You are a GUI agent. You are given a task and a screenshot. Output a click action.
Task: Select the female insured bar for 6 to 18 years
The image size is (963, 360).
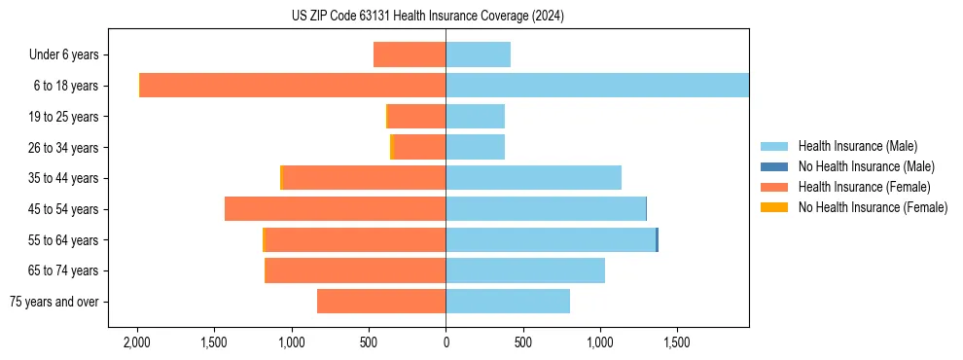pos(293,86)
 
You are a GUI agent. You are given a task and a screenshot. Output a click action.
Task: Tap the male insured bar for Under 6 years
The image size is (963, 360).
pos(478,54)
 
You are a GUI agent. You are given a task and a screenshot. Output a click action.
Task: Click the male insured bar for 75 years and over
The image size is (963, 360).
pos(508,302)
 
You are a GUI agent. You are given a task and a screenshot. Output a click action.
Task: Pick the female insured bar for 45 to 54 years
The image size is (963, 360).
pos(335,209)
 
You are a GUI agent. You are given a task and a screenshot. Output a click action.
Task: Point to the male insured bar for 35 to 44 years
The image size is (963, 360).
pos(533,178)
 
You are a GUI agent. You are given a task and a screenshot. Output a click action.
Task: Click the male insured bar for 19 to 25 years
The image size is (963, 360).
pos(475,117)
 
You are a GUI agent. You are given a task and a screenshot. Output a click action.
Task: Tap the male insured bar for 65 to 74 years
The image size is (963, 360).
pos(525,270)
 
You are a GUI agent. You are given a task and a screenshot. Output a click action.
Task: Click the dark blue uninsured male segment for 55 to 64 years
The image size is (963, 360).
pos(658,239)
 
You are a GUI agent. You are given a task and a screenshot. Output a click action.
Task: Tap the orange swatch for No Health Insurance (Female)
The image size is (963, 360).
pos(774,207)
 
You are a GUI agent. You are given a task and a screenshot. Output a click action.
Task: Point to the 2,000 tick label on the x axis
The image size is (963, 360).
pos(137,343)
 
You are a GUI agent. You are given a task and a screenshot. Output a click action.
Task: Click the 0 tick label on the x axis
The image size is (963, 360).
pos(446,343)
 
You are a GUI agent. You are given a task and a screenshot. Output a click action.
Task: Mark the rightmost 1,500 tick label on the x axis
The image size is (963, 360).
pos(677,343)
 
